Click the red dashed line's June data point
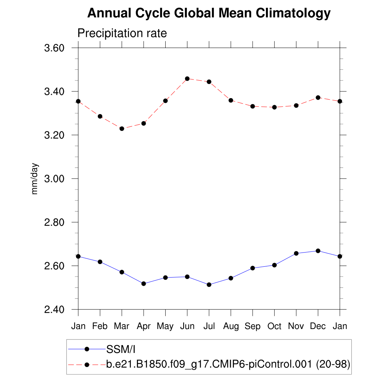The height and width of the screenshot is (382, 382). tap(187, 79)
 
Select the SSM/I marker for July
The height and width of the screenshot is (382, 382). tap(209, 285)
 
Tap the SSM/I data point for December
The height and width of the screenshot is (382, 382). tap(318, 251)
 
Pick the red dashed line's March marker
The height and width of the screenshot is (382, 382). tap(122, 129)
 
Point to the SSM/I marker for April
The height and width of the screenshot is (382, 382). tap(144, 284)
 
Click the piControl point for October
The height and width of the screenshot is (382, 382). tap(274, 107)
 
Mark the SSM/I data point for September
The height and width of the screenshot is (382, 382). tap(253, 268)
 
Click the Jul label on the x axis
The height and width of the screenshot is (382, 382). tap(209, 326)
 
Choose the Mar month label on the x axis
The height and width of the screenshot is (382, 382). tap(122, 326)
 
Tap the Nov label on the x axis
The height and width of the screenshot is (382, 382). tap(296, 326)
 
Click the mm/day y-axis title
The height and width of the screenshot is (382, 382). tap(35, 179)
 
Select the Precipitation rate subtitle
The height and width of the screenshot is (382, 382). tap(122, 33)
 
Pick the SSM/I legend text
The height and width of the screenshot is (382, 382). tap(120, 350)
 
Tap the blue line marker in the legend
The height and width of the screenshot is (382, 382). tap(87, 349)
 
